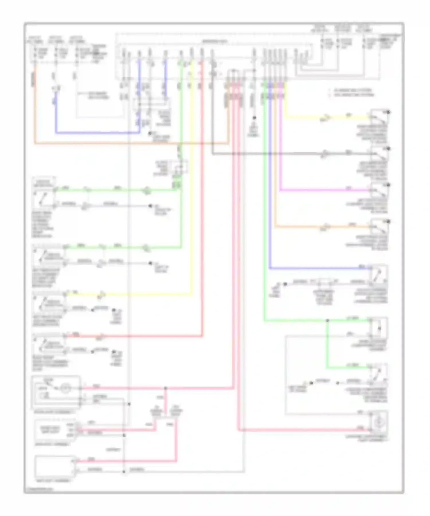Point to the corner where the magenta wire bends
(280, 190)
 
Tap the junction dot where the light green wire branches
(327, 321)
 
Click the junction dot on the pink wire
(165, 388)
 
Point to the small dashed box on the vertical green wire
(179, 167)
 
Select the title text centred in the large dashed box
(215, 42)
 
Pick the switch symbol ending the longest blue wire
(379, 274)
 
